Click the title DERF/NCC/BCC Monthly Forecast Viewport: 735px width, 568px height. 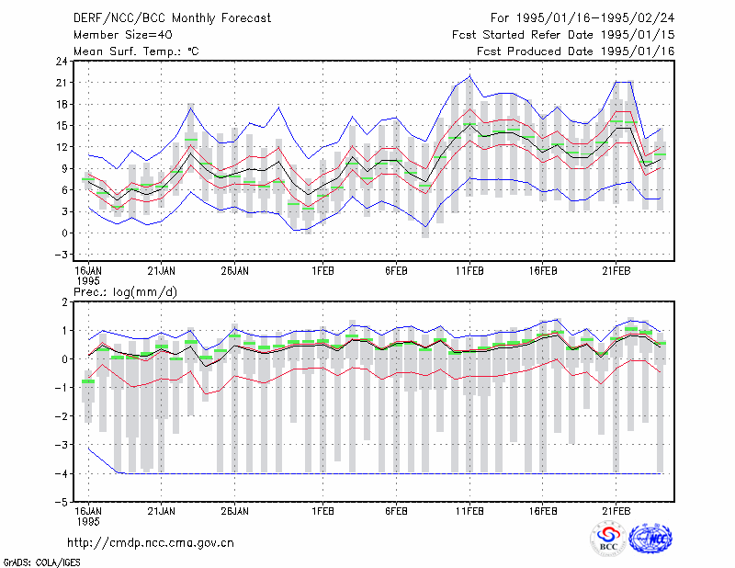[172, 18]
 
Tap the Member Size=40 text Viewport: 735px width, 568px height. [123, 35]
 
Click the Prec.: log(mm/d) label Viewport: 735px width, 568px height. [125, 292]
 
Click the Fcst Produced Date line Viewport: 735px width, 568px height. [576, 51]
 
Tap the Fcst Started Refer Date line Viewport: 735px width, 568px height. [563, 35]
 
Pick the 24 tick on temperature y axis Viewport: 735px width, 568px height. [62, 61]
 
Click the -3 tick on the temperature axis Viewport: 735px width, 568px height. [61, 255]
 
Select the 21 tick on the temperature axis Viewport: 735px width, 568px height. [62, 83]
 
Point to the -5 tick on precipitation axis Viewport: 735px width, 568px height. [61, 502]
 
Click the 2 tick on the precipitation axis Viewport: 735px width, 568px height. [64, 302]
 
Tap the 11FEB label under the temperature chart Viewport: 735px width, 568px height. [469, 271]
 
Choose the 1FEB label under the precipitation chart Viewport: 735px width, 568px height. [323, 511]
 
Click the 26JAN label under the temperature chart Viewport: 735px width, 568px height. [235, 271]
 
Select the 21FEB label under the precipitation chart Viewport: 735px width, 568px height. [616, 511]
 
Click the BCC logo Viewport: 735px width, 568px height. [608, 540]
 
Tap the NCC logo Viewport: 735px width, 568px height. [650, 539]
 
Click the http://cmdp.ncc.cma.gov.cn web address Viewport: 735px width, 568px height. [151, 543]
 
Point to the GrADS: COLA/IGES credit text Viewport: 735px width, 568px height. [41, 562]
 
